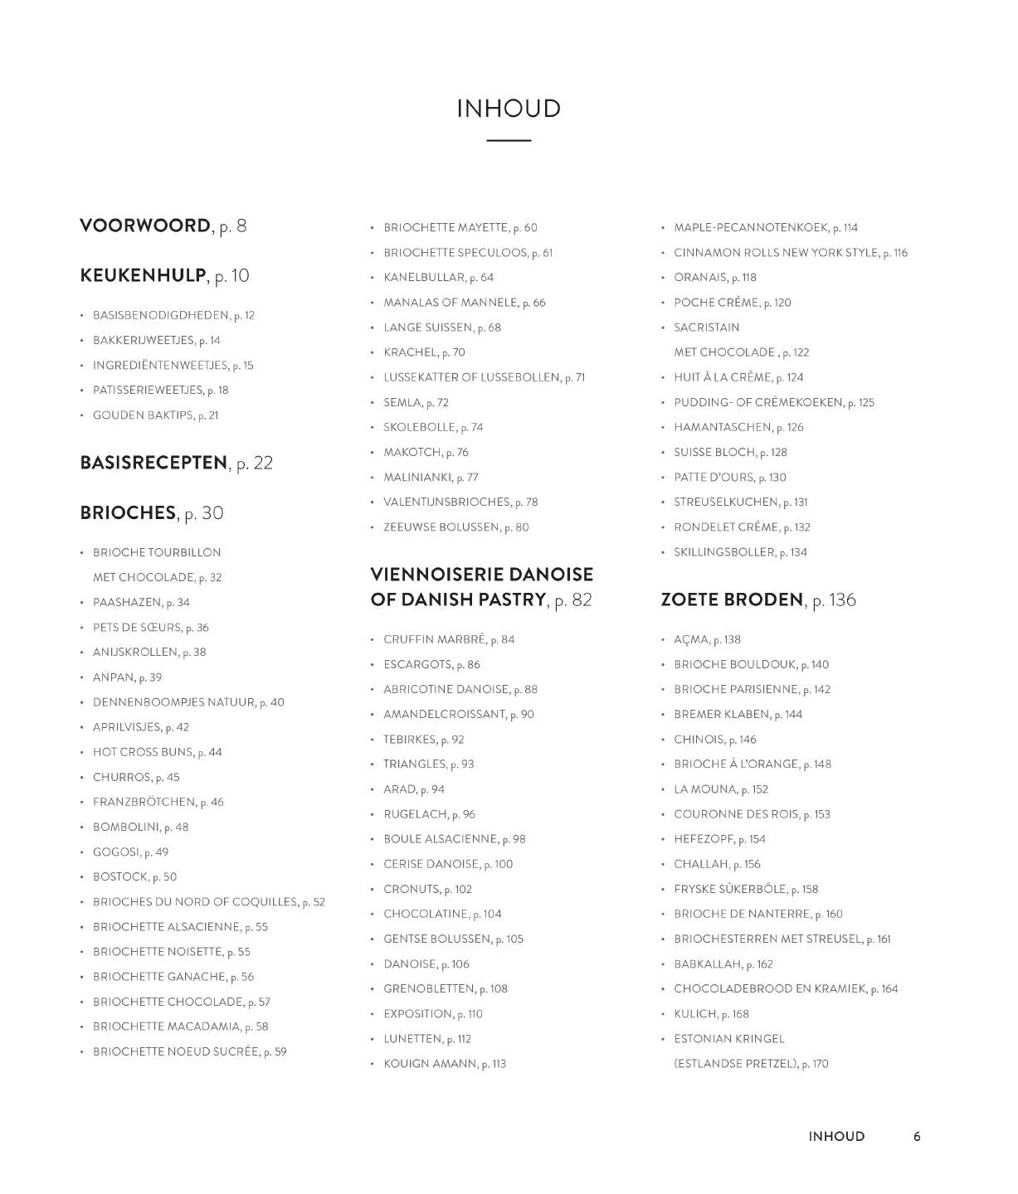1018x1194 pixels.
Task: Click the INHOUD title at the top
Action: click(509, 109)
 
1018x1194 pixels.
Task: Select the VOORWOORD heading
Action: click(145, 226)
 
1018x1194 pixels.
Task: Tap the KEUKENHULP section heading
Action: click(143, 275)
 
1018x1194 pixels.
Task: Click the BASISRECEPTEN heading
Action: click(153, 463)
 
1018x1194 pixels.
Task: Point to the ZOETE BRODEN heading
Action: click(732, 599)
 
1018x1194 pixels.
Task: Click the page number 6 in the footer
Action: click(917, 1137)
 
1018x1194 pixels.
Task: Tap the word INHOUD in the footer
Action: click(836, 1137)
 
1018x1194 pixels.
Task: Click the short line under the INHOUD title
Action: click(509, 141)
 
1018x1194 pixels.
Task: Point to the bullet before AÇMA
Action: click(663, 640)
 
